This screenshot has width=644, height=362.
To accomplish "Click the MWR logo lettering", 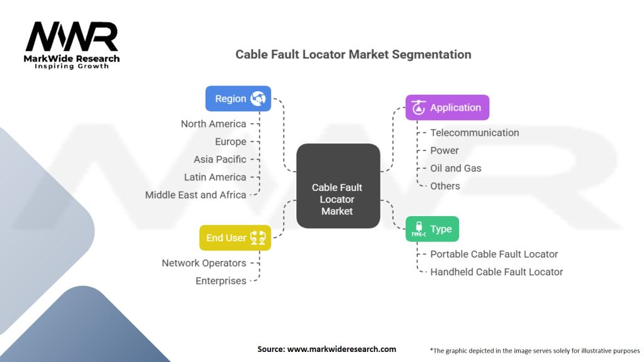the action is pyautogui.click(x=72, y=36).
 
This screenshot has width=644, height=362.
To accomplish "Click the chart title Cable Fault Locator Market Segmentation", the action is pyautogui.click(x=353, y=55).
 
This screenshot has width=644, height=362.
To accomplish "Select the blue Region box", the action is pyautogui.click(x=238, y=99).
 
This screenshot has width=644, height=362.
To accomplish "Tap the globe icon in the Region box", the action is pyautogui.click(x=258, y=99).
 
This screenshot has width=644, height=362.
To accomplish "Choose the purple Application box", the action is pyautogui.click(x=447, y=107).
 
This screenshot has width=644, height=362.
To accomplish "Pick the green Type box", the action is pyautogui.click(x=432, y=229).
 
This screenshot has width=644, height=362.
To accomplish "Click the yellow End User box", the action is pyautogui.click(x=235, y=238).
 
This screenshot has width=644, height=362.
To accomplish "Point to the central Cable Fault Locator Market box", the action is pyautogui.click(x=338, y=186).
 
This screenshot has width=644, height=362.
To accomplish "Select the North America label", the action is pyautogui.click(x=214, y=124).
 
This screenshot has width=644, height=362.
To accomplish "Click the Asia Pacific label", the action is pyautogui.click(x=220, y=159).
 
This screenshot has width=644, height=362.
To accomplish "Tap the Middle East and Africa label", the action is pyautogui.click(x=196, y=195).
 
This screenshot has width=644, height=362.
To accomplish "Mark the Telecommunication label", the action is pyautogui.click(x=475, y=133).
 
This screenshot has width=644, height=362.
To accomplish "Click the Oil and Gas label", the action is pyautogui.click(x=455, y=168).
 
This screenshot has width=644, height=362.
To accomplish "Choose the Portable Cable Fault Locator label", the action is pyautogui.click(x=494, y=254).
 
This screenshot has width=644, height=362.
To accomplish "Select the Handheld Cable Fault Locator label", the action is pyautogui.click(x=497, y=271).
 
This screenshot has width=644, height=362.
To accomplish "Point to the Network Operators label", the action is pyautogui.click(x=204, y=263).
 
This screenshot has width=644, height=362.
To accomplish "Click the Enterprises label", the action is pyautogui.click(x=221, y=281).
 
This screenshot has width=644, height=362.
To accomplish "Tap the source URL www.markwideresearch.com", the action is pyautogui.click(x=341, y=349).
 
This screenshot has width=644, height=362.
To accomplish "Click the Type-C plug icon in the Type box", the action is pyautogui.click(x=418, y=229).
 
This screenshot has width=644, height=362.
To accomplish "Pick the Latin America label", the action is pyautogui.click(x=215, y=177).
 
